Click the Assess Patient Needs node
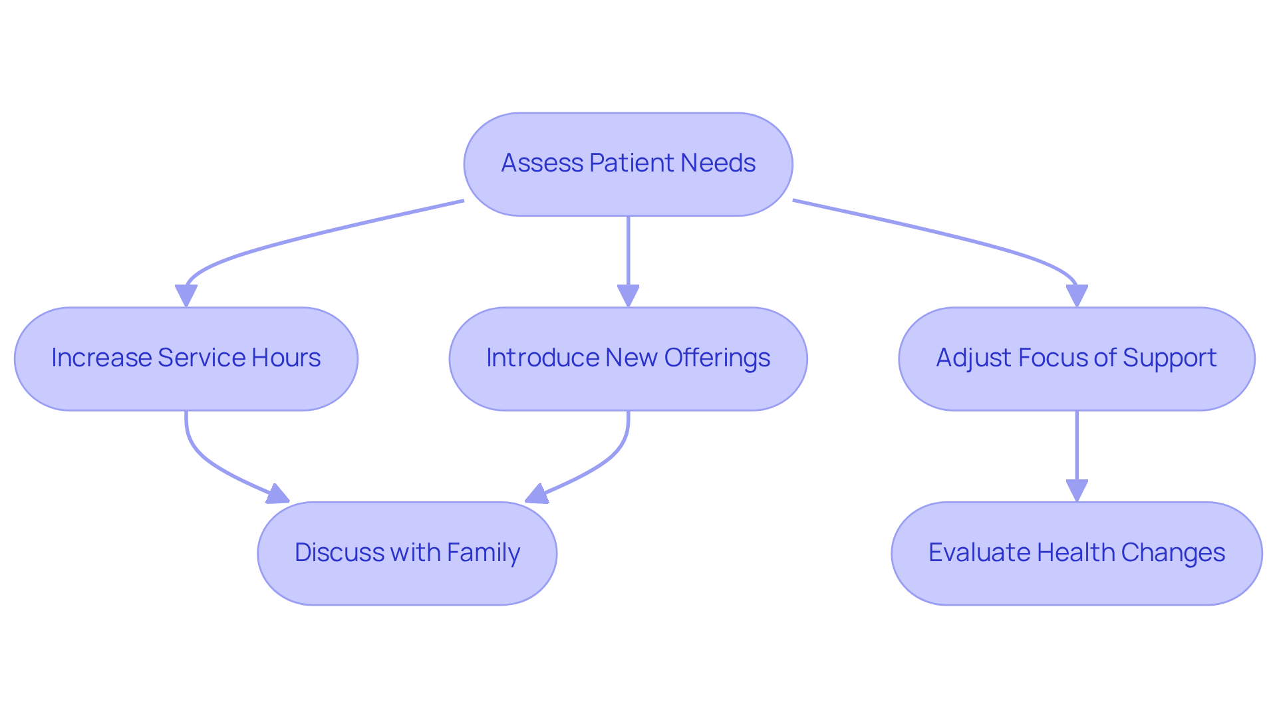[628, 164]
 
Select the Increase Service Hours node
[186, 359]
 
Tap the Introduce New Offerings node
[628, 359]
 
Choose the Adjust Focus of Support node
[1076, 359]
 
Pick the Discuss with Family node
[406, 553]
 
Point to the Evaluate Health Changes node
[1076, 553]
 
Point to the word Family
[483, 553]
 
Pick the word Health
[1075, 552]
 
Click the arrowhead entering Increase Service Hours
[186, 295]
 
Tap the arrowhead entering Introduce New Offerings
[628, 295]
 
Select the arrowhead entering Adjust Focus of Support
[1076, 295]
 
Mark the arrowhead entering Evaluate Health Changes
[1076, 490]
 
